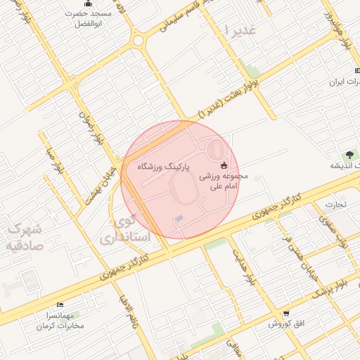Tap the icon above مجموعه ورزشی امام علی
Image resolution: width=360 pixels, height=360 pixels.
(x=224, y=166)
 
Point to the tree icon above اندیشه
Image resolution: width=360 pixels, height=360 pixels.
(x=349, y=154)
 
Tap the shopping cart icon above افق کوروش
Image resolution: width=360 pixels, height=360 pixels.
(x=285, y=314)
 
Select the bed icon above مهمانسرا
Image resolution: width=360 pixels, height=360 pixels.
(x=60, y=304)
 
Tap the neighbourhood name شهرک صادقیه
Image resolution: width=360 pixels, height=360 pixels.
(x=24, y=237)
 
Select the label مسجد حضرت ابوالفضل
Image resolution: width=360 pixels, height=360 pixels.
(x=89, y=18)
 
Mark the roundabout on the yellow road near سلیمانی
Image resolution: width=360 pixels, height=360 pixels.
(x=137, y=40)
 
